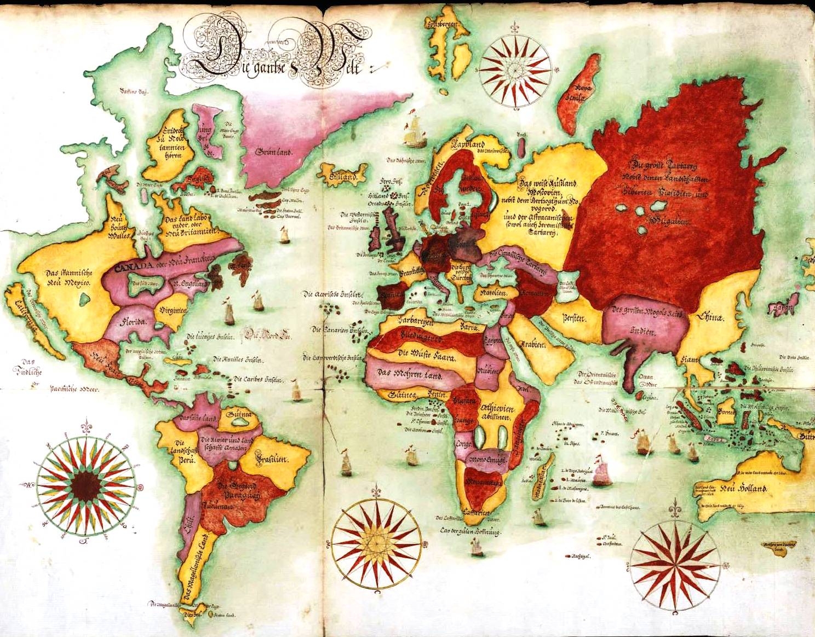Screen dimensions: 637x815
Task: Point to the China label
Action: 711,317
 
